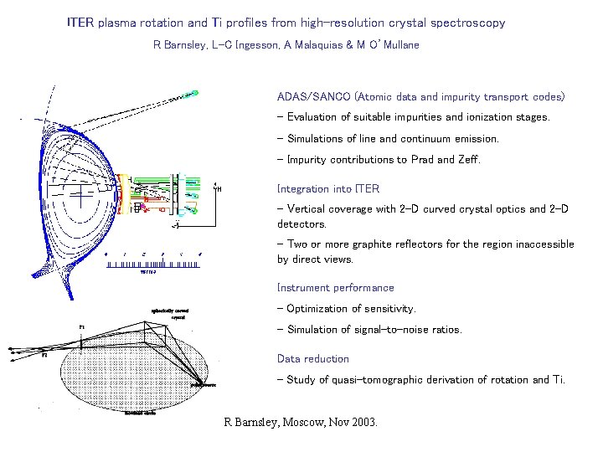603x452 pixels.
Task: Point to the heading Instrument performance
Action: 335,288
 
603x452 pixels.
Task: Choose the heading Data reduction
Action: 313,359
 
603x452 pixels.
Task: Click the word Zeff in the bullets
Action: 466,160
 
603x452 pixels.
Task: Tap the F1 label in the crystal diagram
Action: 81,326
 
